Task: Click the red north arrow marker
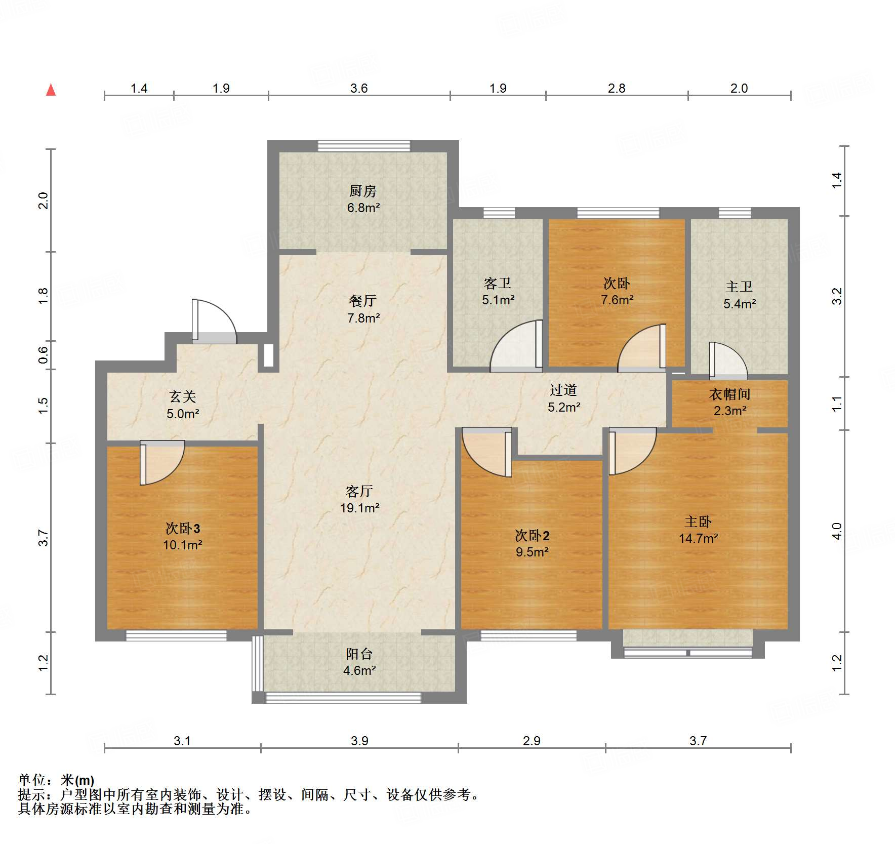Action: tap(51, 90)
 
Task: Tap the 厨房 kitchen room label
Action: tap(363, 191)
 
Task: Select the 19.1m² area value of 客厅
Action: tap(359, 508)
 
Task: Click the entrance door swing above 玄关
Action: tap(214, 321)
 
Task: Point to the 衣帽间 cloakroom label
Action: tap(729, 394)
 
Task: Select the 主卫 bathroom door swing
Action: tap(727, 360)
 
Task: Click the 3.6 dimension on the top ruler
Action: tap(358, 88)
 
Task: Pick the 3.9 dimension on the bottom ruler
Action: tap(359, 741)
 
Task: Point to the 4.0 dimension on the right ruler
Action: tap(837, 531)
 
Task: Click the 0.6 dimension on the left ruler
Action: tap(44, 355)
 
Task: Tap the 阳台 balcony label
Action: tap(359, 654)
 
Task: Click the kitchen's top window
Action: tap(363, 146)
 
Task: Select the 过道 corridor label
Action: tap(563, 390)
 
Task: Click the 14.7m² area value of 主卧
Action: tap(698, 538)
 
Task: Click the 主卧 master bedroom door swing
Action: tap(631, 451)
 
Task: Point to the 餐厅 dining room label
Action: tap(363, 301)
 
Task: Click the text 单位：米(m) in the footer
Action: tap(56, 780)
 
